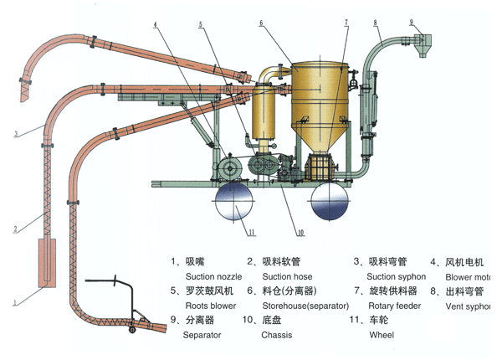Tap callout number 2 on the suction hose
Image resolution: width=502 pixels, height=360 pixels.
[x=15, y=227]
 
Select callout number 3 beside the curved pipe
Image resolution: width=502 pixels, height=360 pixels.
[x=16, y=133]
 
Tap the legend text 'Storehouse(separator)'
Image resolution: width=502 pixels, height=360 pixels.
[x=304, y=306]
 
